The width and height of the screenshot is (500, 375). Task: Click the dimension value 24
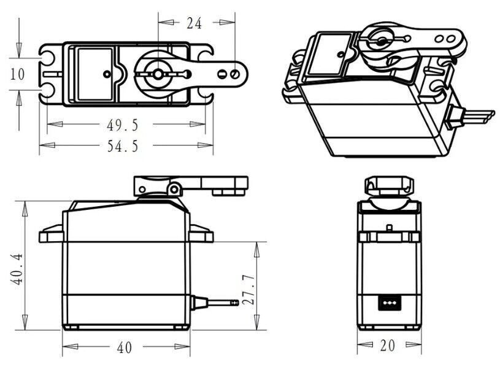pyautogui.click(x=194, y=23)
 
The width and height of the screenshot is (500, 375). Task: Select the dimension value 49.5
pyautogui.click(x=123, y=125)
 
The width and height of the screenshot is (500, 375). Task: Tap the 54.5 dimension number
pyautogui.click(x=123, y=145)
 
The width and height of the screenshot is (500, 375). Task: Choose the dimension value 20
pyautogui.click(x=387, y=346)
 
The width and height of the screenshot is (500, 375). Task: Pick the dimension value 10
pyautogui.click(x=17, y=74)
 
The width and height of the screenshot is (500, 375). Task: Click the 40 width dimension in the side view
pyautogui.click(x=125, y=347)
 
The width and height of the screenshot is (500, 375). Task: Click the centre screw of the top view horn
pyautogui.click(x=157, y=74)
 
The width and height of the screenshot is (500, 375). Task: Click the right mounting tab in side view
pyautogui.click(x=202, y=233)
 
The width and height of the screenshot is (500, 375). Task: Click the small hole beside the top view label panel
pyautogui.click(x=107, y=74)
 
